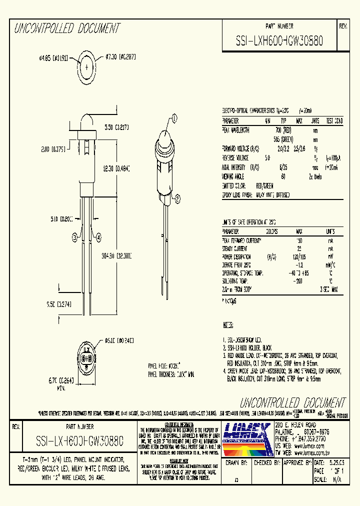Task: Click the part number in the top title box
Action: pyautogui.click(x=279, y=41)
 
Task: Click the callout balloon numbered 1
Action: pyautogui.click(x=174, y=118)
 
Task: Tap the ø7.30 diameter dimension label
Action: pyautogui.click(x=120, y=58)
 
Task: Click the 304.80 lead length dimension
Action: pyautogui.click(x=116, y=255)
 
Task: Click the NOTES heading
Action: pyautogui.click(x=228, y=324)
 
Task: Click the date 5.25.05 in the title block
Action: pyautogui.click(x=337, y=463)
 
